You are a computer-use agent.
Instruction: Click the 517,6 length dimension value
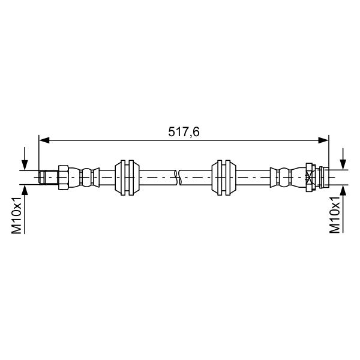(184, 131)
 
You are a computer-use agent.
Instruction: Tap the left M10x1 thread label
(17, 217)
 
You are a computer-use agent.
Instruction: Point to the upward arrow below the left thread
(24, 191)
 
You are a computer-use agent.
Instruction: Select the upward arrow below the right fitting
(343, 191)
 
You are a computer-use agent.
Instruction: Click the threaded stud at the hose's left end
(48, 177)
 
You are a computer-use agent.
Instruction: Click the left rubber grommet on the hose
(127, 177)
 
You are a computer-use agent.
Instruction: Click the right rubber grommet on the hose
(224, 177)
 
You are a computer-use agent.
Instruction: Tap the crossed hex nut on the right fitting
(310, 177)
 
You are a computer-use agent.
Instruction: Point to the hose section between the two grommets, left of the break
(157, 177)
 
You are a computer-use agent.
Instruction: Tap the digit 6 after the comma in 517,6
(196, 131)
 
